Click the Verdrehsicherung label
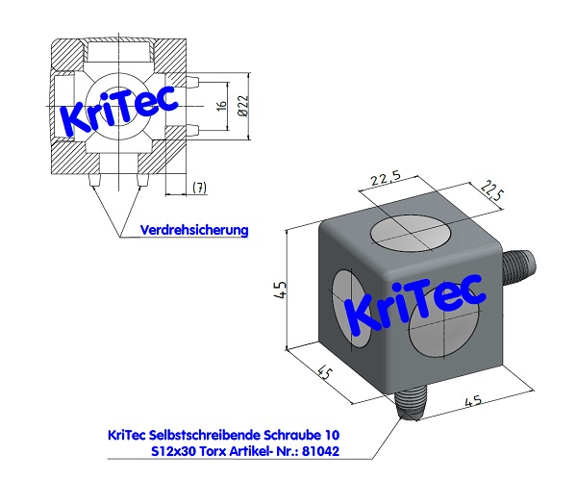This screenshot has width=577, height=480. [x=194, y=230]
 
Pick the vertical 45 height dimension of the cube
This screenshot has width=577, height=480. [x=279, y=290]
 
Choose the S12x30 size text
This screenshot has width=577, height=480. [x=179, y=450]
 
